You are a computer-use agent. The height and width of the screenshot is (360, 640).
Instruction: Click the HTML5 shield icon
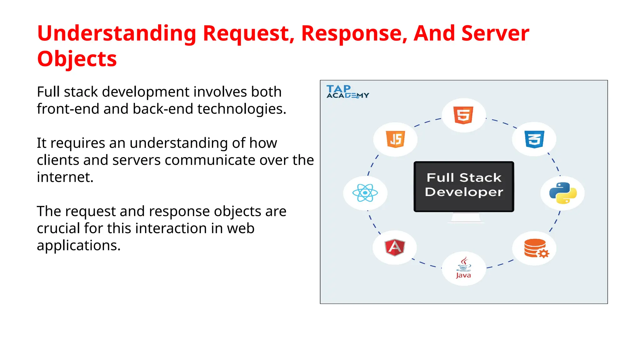point(463,115)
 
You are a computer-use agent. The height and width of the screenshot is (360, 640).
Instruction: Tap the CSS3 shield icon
point(534,139)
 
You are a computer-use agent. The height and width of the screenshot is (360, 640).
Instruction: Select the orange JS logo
point(396,139)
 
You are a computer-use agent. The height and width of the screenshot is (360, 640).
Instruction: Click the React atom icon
point(365,193)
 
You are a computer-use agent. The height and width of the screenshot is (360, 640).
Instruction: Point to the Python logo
point(563,193)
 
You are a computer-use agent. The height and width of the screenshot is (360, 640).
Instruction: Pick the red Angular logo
point(395,247)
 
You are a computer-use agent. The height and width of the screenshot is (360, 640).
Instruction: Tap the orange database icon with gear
point(536,248)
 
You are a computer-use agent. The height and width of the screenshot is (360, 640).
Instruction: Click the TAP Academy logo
point(347,92)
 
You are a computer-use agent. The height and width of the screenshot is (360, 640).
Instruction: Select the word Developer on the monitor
point(464,192)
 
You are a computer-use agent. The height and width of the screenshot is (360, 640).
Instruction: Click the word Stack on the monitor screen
point(480,178)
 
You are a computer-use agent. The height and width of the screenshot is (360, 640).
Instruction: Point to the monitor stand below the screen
point(465,217)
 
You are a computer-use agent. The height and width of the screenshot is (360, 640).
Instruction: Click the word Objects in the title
point(77,59)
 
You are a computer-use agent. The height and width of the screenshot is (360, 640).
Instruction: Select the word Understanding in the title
point(117,33)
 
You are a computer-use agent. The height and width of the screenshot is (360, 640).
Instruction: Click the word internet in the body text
point(65,177)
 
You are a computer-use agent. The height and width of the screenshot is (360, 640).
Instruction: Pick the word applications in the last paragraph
point(78,246)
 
